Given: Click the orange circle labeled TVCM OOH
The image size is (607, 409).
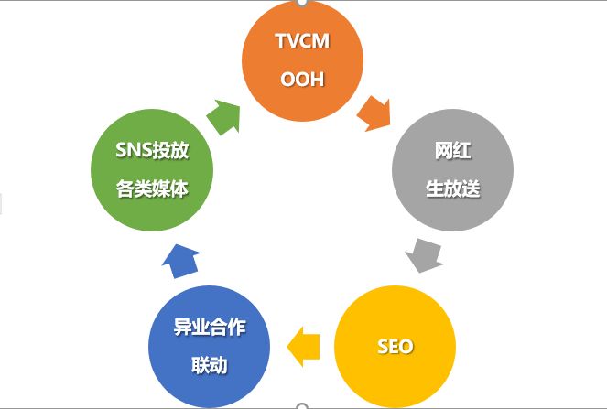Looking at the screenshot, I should pos(301,59).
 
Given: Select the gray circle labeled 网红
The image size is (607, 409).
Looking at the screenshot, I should pos(452,169).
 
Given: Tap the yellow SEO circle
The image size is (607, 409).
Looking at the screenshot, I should pos(395,346).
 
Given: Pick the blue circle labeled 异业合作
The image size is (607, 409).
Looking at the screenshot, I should pos(209,346).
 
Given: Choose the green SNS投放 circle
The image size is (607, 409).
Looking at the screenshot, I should pos(152,169).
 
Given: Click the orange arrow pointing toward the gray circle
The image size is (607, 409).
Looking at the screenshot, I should pos(373,113).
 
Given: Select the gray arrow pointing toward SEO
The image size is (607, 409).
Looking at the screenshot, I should pos(424,254).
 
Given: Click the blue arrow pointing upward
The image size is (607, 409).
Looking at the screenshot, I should pos(181,262).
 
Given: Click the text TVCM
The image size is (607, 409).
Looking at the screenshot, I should pos(301,42).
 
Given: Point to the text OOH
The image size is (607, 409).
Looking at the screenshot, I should pos(301,79).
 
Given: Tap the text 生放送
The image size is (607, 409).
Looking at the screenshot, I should pos(452,188).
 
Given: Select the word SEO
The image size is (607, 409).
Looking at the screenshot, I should pos(395,347).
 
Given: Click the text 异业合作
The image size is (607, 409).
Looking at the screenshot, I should pos(209,328).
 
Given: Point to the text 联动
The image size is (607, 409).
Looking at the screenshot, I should pos(209,365).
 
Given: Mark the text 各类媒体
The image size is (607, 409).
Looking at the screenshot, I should pos(152,188).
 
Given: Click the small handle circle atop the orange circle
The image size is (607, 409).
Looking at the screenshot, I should pos(301,3).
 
